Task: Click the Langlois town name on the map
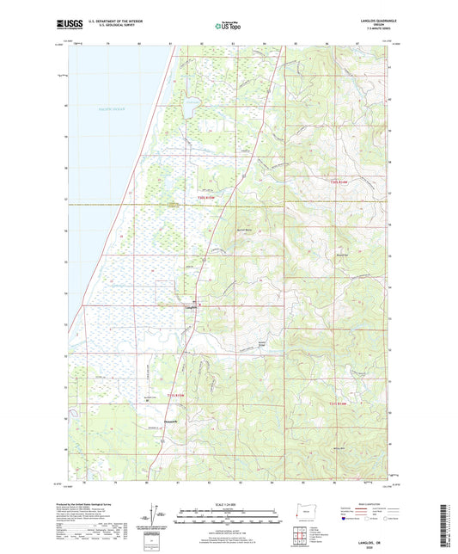coord(190,305)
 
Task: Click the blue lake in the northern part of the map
coord(188,111)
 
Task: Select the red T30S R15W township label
coord(198,196)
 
